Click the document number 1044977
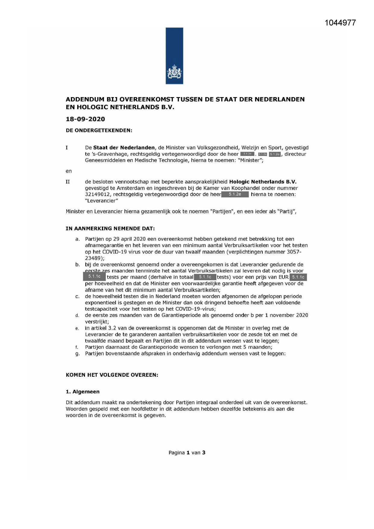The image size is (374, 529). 340,23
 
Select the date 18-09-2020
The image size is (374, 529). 85,119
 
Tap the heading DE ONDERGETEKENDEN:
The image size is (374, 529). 99,131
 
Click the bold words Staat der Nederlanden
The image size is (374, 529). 124,148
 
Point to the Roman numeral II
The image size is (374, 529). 68,182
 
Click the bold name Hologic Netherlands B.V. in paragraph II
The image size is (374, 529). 263,182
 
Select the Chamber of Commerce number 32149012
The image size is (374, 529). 97,195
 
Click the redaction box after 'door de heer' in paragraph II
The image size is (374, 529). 235,195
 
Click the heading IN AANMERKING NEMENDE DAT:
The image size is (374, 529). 110,229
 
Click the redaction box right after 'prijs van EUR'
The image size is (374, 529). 298,277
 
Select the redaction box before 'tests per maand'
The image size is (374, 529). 94,277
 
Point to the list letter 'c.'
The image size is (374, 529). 77,296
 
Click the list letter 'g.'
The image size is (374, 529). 77,354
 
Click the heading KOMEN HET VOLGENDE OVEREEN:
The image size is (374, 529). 112,375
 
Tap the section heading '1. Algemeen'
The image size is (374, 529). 83,392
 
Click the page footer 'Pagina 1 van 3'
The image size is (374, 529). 187,452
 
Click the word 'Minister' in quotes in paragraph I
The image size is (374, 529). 250,160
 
